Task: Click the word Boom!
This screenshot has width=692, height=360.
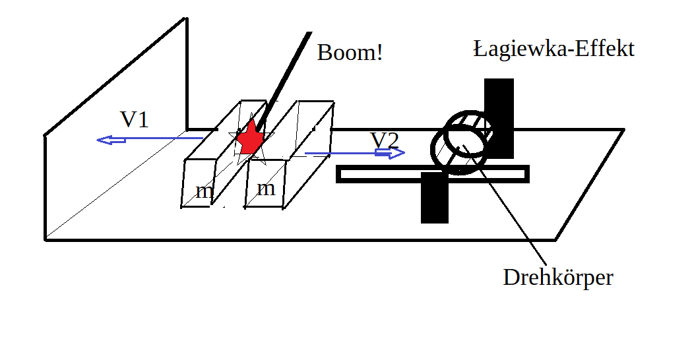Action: coord(350,52)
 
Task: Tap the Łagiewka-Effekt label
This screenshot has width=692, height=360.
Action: coord(553,48)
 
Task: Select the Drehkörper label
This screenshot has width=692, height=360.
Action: coord(558,277)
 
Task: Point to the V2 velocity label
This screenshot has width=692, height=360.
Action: coord(384,140)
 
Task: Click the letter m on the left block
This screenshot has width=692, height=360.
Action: coord(204,192)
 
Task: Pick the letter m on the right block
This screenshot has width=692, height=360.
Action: coord(265,188)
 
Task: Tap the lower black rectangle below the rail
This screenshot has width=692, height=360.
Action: coord(434,200)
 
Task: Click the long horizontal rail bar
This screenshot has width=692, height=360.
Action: coord(383,174)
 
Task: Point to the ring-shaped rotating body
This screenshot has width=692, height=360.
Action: coord(462,142)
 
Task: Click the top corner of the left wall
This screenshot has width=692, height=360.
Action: coord(186,19)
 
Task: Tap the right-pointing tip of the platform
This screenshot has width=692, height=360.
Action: coord(622,130)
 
